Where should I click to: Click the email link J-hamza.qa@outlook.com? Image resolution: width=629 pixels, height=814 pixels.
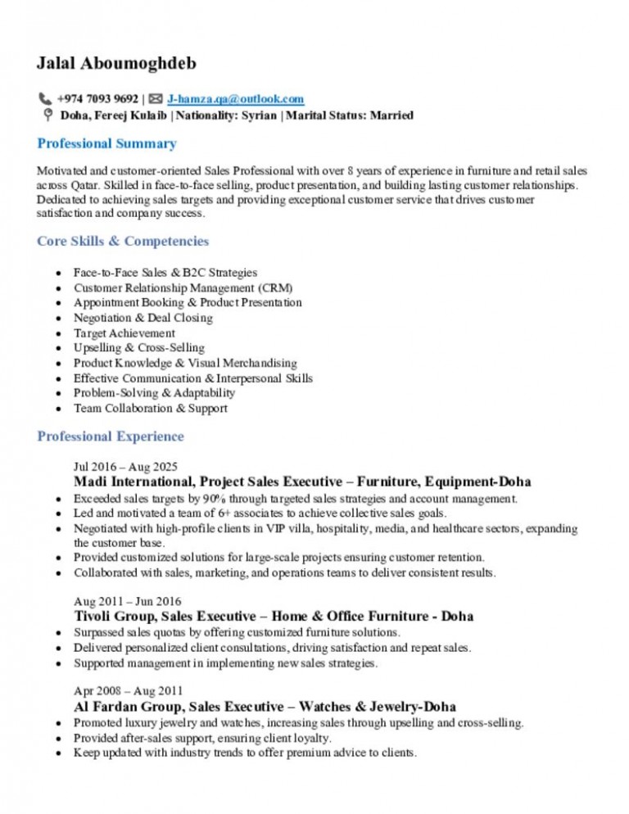point(235,99)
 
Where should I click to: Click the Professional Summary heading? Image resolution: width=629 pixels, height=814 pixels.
point(106,144)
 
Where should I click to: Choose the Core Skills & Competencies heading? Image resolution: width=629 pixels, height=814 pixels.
point(123,242)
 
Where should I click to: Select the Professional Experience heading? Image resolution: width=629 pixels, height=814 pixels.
point(111,436)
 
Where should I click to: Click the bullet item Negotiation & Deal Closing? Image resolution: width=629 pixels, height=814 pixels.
point(143,318)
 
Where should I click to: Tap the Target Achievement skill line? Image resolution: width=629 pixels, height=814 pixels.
point(124,333)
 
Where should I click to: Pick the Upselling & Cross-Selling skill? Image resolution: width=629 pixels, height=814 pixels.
point(138,348)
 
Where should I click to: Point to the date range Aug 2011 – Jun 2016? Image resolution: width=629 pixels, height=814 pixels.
point(127,601)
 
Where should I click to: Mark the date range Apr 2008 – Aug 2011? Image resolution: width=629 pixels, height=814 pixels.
point(128,690)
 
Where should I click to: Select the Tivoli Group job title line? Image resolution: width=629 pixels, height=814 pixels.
point(273,616)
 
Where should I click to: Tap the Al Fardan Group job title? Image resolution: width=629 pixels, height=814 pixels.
point(265,706)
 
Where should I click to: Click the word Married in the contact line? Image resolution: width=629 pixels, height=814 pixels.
point(391,115)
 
